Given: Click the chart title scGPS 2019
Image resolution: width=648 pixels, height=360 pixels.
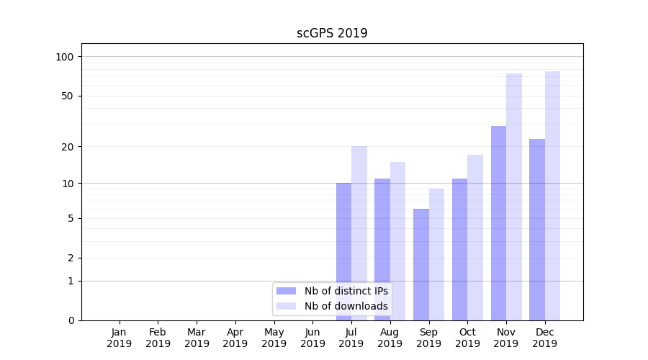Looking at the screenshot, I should [332, 33].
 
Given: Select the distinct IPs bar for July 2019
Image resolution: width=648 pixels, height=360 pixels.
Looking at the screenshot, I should [343, 230].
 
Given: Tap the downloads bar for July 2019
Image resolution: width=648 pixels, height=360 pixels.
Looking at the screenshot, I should [359, 216].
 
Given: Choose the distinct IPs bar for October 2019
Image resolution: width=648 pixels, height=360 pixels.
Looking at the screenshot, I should [460, 249].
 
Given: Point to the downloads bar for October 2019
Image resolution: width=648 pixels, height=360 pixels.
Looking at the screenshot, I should [475, 238].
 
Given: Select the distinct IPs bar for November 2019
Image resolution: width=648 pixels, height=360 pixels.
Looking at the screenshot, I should [498, 223].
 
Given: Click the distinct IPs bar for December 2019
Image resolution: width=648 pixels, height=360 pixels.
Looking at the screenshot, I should [537, 230].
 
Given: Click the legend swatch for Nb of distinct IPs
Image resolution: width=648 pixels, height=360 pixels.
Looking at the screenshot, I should [287, 291].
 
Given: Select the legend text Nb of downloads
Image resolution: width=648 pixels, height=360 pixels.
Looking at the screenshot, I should [346, 306].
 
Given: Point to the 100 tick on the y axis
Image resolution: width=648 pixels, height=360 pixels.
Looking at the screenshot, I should [65, 57].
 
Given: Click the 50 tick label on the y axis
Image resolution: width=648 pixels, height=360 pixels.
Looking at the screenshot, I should [68, 96].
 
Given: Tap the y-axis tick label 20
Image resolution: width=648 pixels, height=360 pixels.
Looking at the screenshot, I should [68, 147].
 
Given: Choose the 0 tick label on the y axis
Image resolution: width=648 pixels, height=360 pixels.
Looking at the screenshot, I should [71, 320].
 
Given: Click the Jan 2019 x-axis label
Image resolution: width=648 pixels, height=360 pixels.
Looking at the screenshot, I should [120, 338].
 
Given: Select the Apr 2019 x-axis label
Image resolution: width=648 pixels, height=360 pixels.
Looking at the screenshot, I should [235, 338].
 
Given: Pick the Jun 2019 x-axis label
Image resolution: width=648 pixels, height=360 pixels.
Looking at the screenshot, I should [312, 338].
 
